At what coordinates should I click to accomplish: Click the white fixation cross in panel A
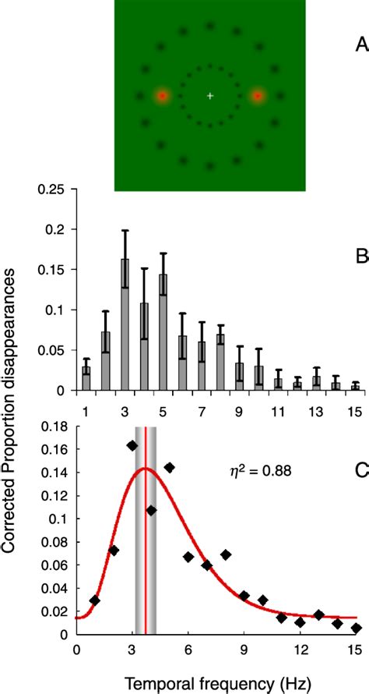click(x=209, y=96)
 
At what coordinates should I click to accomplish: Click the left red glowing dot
click(x=162, y=96)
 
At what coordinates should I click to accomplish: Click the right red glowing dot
click(x=257, y=96)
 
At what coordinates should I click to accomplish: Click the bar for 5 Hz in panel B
click(x=163, y=331)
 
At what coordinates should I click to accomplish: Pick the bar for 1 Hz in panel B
click(x=86, y=377)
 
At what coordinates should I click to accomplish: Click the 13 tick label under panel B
click(x=316, y=410)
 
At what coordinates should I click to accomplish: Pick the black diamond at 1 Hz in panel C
click(x=95, y=600)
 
